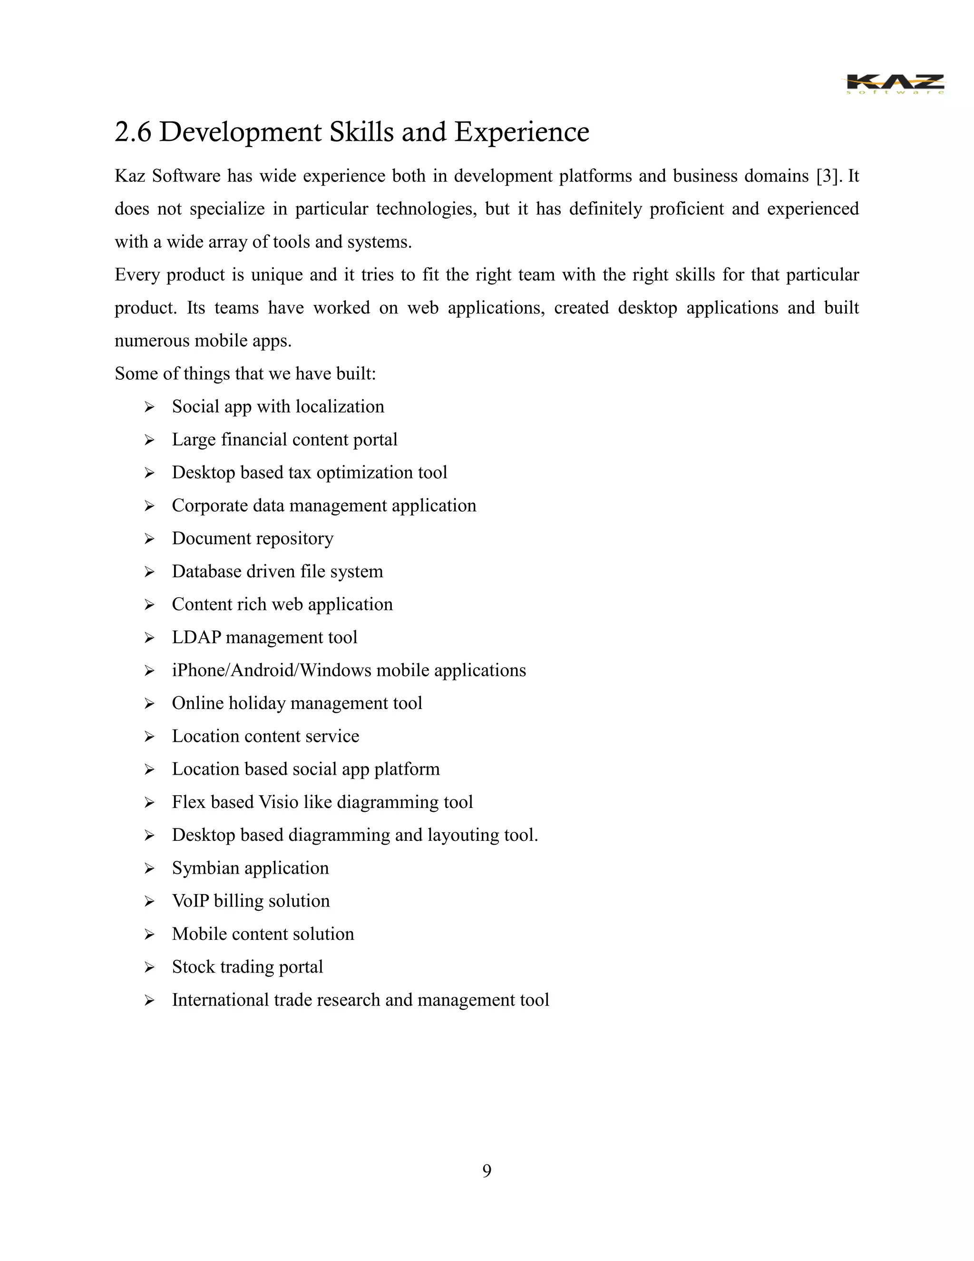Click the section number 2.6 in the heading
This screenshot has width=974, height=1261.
click(x=133, y=132)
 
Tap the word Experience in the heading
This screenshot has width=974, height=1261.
click(x=522, y=132)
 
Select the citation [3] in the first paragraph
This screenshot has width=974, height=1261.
click(x=826, y=176)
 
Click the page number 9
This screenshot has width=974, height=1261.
click(x=487, y=1171)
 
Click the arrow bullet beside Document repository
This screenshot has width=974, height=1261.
click(x=149, y=539)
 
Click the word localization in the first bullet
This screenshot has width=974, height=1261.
click(x=340, y=407)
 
